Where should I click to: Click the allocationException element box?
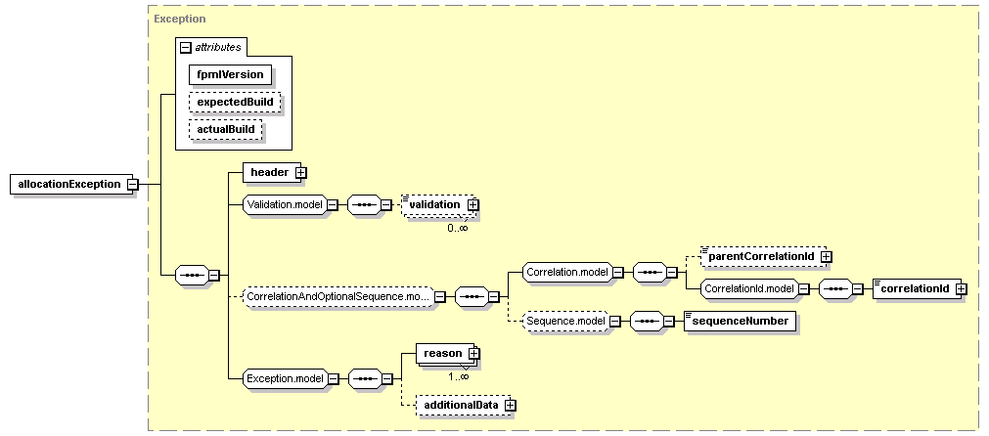(69, 184)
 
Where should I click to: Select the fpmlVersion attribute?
(230, 74)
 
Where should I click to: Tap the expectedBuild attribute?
(234, 102)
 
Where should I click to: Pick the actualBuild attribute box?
(225, 129)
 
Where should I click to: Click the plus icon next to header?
(301, 172)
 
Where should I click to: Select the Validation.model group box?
(285, 204)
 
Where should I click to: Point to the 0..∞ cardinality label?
(457, 228)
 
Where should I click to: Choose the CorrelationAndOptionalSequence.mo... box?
(339, 296)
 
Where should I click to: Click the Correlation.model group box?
(567, 272)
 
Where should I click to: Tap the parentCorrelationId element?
(762, 256)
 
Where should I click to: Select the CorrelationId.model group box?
(749, 288)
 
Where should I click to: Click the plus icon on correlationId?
(961, 288)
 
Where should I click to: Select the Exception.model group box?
(285, 378)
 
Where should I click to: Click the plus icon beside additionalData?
(511, 405)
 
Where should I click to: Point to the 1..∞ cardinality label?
(459, 376)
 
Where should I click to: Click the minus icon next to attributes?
(186, 47)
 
